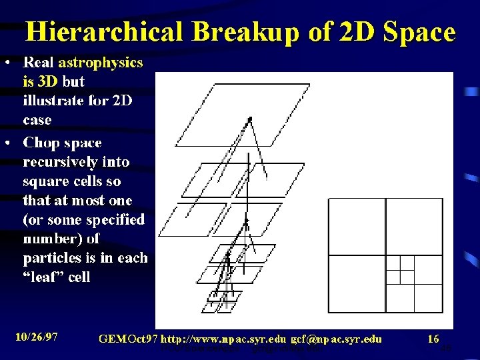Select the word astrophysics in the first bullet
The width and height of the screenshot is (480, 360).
[x=101, y=63]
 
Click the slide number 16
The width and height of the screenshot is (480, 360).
[x=433, y=339]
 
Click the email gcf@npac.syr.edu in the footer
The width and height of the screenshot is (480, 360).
[x=337, y=339]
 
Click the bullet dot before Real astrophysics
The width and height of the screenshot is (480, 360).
[x=7, y=63]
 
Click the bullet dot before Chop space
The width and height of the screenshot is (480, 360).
[x=7, y=143]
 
